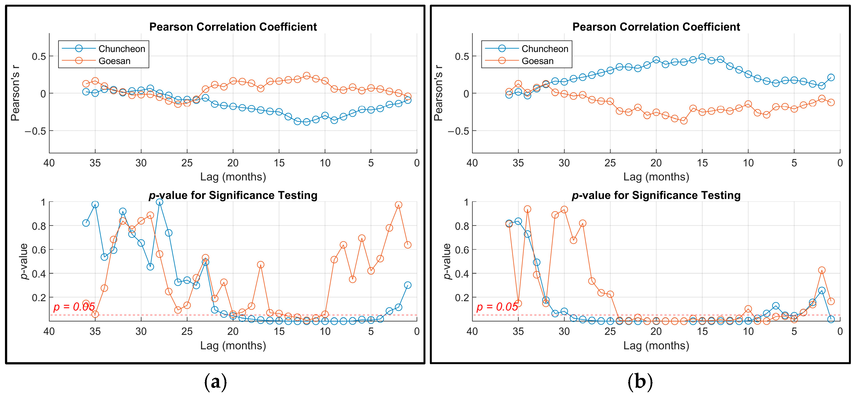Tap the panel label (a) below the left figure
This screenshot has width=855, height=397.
216,382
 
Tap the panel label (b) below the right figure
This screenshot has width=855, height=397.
640,382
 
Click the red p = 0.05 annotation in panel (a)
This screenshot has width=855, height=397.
74,306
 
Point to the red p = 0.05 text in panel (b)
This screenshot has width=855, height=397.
497,306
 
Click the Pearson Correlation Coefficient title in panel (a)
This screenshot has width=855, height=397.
233,27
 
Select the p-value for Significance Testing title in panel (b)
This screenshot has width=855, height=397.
656,195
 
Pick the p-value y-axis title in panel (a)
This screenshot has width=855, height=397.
23,261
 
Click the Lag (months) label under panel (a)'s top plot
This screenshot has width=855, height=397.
233,177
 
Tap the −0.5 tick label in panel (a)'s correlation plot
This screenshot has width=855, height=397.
35,131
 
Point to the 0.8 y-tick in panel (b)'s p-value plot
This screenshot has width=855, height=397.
462,226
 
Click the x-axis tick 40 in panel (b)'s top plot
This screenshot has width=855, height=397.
472,163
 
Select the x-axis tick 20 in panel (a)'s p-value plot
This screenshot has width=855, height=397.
233,331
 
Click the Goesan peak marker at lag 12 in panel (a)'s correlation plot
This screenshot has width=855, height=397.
307,76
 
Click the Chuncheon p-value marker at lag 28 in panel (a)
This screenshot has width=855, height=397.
159,202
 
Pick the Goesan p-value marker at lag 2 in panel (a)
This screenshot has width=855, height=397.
399,205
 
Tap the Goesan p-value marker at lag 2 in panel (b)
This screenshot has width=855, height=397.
822,270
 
